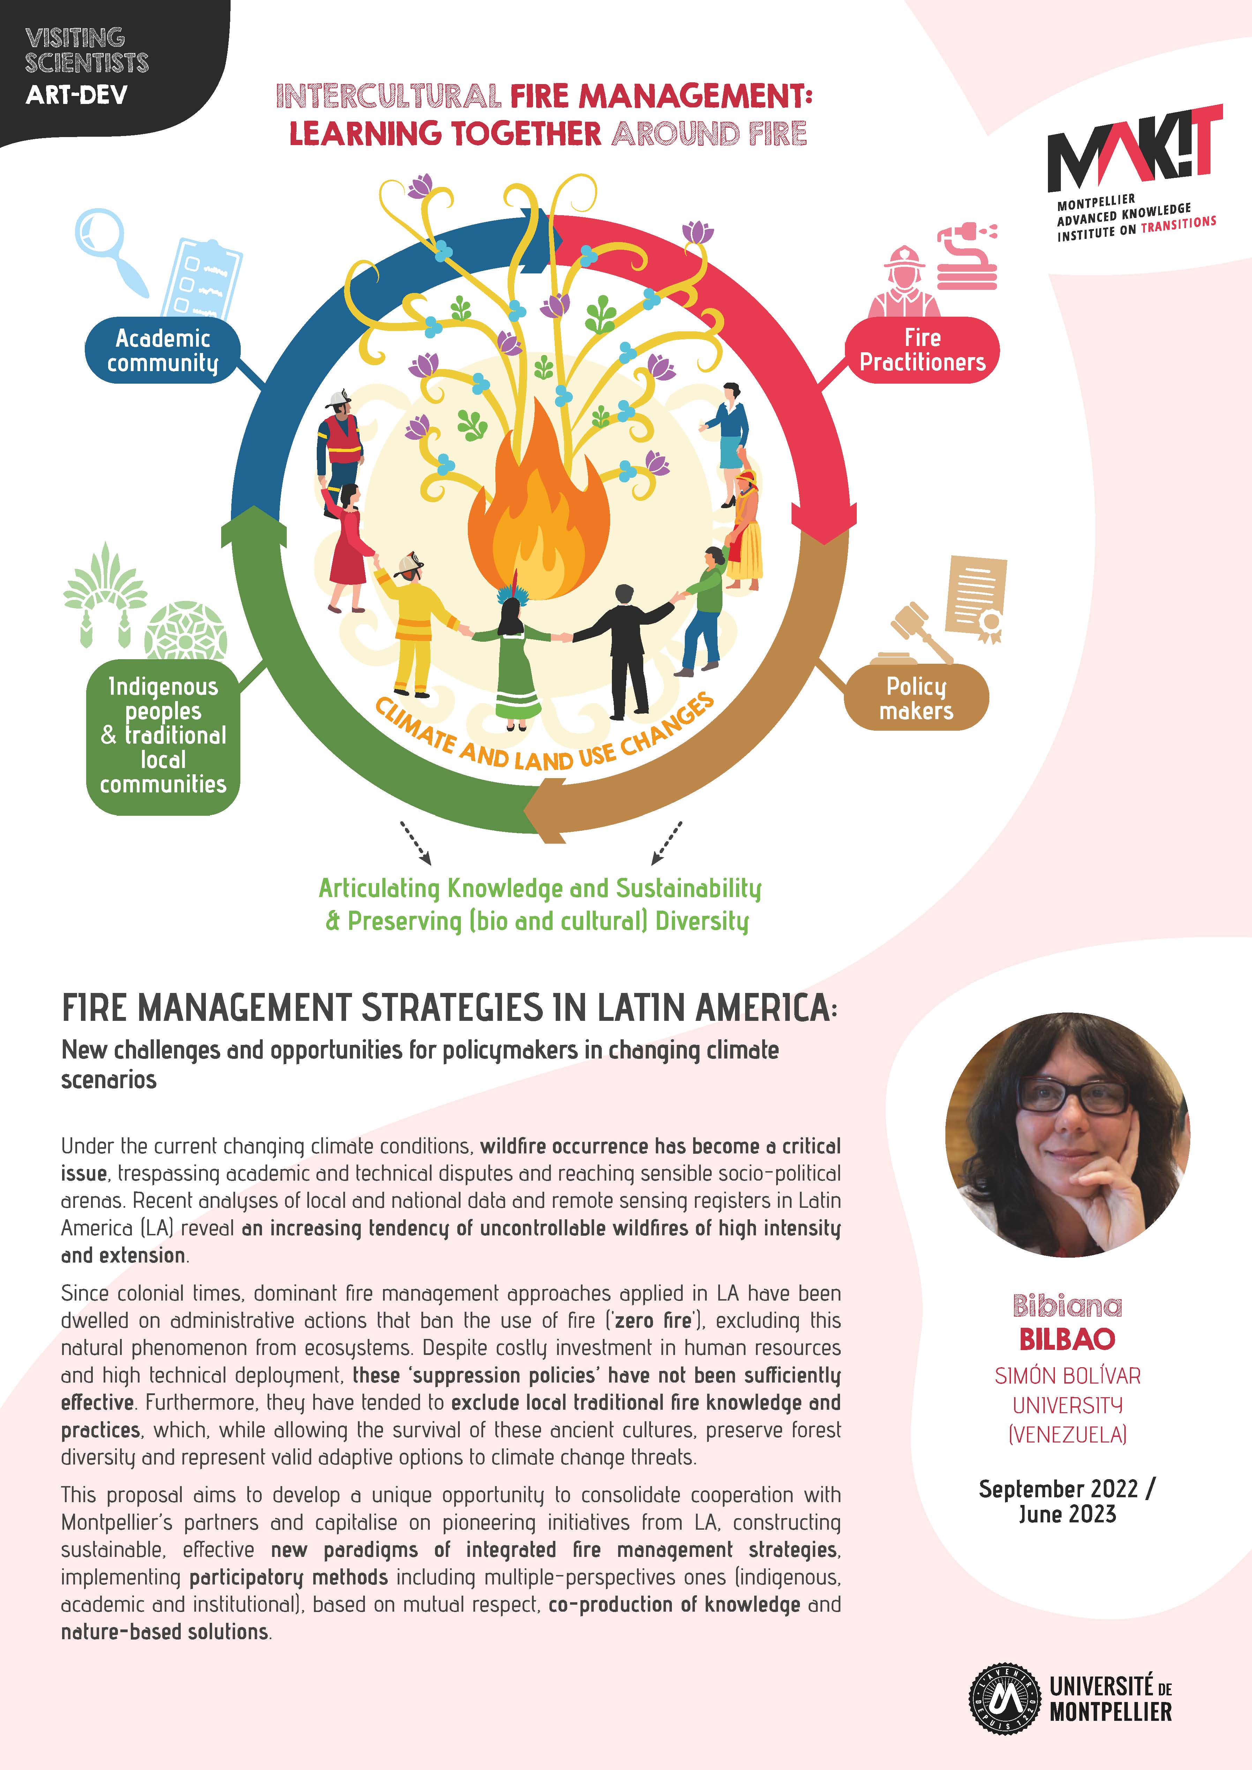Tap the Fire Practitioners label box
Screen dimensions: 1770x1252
click(922, 350)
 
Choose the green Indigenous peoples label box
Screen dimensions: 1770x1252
click(163, 736)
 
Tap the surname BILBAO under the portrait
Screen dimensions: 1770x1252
click(1067, 1339)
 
